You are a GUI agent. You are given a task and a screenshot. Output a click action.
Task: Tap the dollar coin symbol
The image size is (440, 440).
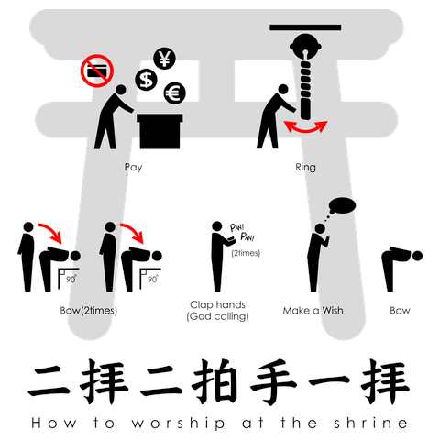click(145, 81)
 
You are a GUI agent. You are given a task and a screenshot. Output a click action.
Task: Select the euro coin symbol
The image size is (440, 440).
click(174, 93)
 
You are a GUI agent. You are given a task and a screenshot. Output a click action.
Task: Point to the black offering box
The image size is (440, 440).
click(161, 130)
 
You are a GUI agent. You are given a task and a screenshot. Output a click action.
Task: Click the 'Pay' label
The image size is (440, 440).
click(133, 168)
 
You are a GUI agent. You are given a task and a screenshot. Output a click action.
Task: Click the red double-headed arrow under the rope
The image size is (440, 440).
click(306, 130)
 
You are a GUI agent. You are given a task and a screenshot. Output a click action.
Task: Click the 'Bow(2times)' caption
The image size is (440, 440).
click(87, 311)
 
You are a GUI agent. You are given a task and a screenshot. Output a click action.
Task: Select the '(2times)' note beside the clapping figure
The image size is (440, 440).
click(245, 252)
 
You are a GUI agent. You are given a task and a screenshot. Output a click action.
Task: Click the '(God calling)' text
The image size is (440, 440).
click(218, 316)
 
